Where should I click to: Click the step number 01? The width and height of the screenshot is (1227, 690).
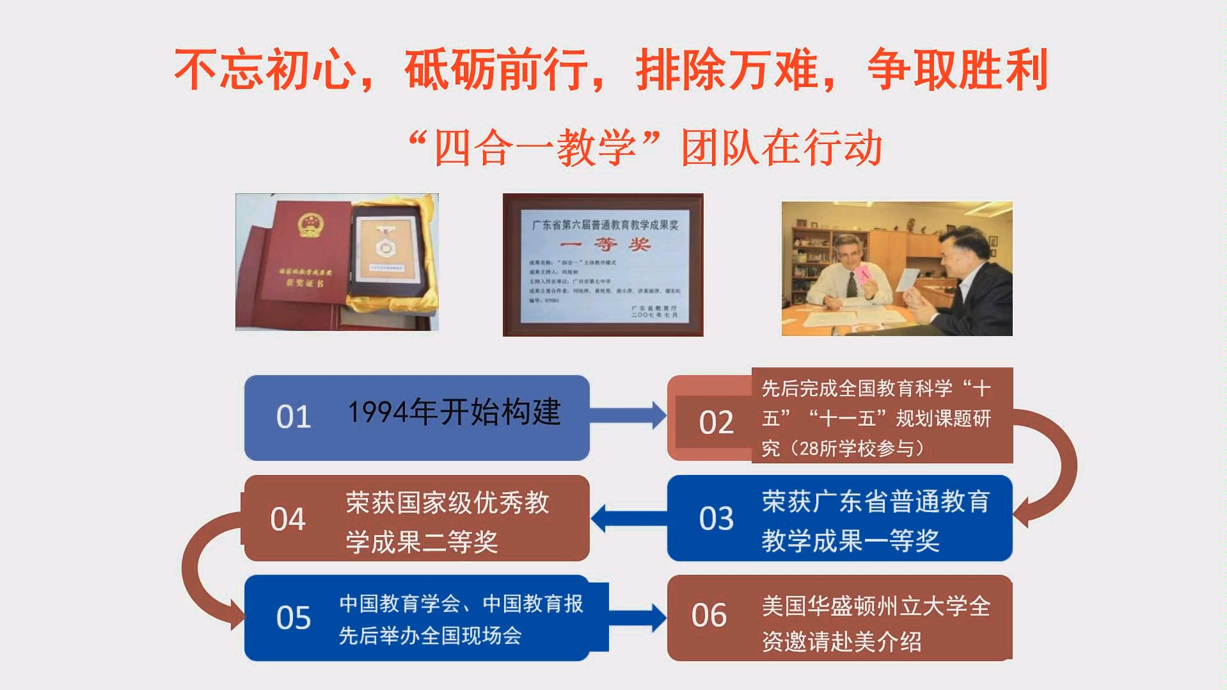[294, 417]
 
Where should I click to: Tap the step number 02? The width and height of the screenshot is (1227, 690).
[716, 423]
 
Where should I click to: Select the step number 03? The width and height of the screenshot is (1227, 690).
[716, 518]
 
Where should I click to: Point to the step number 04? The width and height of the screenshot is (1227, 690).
[288, 519]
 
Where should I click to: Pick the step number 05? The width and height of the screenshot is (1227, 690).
[294, 618]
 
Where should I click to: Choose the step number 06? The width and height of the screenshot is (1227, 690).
[709, 616]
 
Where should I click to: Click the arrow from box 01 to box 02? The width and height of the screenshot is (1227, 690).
[628, 415]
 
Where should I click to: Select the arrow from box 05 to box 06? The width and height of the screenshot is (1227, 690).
[637, 618]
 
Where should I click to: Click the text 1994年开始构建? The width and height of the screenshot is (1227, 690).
[454, 412]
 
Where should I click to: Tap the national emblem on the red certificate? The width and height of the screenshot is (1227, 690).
[312, 225]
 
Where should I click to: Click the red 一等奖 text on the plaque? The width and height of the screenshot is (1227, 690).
[605, 245]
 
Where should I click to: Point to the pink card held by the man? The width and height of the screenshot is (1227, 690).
[862, 277]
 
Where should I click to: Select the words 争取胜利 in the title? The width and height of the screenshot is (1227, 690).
[957, 70]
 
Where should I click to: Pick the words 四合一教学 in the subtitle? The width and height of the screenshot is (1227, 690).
[535, 148]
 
